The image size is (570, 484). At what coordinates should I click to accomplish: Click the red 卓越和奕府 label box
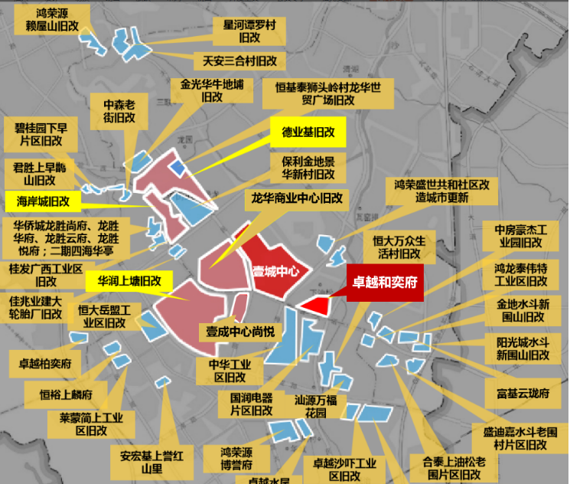click(x=383, y=282)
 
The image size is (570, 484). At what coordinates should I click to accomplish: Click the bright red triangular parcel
click(x=316, y=305)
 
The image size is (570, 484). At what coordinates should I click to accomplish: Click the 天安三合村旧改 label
click(x=239, y=60)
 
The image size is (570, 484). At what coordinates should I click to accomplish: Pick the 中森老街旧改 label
click(x=119, y=110)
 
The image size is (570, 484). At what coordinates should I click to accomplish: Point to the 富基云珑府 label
click(x=523, y=394)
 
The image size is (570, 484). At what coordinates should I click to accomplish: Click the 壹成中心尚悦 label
click(x=240, y=332)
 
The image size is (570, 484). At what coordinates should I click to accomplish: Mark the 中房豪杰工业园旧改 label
click(x=522, y=236)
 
